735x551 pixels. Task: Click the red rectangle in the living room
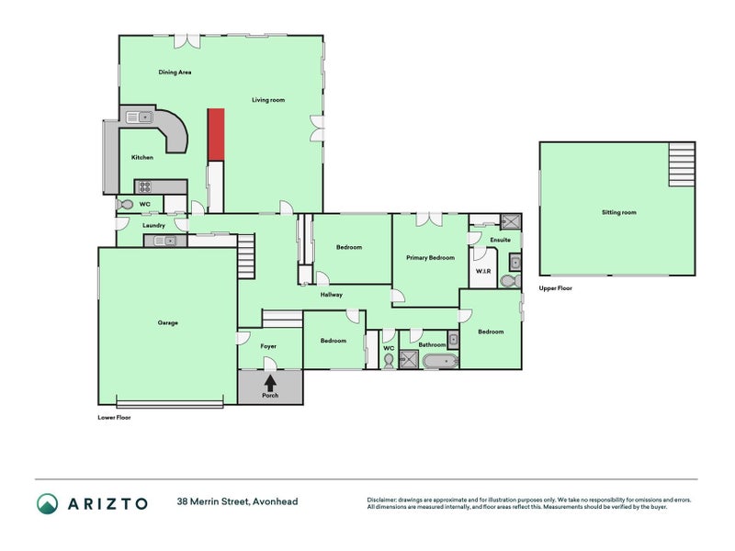click(215, 133)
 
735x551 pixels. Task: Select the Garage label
click(167, 322)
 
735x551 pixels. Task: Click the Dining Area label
click(175, 72)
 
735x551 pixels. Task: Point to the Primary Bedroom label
click(430, 258)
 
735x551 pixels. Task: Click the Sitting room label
click(618, 212)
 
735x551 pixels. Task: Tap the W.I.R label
click(482, 272)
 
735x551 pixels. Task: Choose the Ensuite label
click(500, 240)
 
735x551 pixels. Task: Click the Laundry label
click(153, 225)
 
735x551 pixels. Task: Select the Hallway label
click(331, 295)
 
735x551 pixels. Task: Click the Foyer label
click(268, 346)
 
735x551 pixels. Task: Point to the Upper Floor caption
click(555, 288)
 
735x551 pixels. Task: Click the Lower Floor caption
click(115, 417)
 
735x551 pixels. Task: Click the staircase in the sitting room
click(681, 164)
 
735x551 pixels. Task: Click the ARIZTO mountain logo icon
click(47, 502)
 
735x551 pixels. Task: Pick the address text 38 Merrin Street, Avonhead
click(237, 502)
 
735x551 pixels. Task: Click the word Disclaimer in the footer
click(386, 500)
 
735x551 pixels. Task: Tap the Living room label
click(268, 99)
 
